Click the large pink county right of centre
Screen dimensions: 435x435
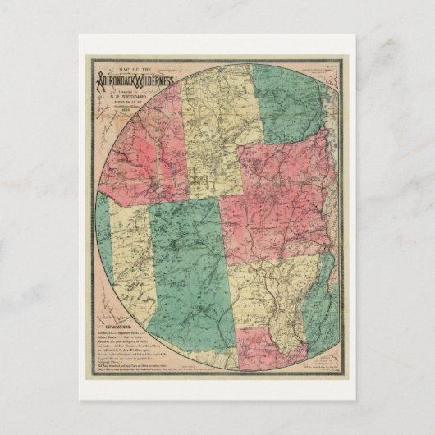(279, 197)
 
